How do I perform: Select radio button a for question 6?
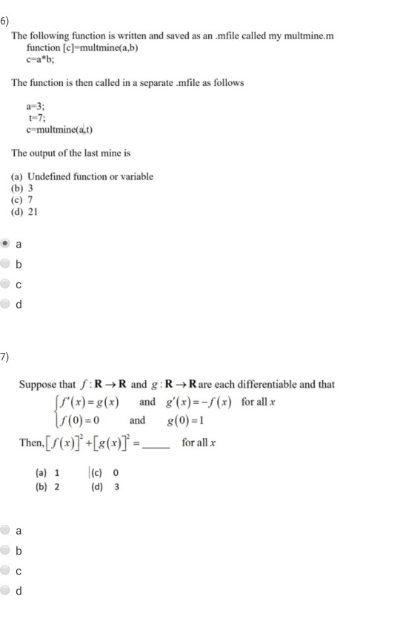(7, 242)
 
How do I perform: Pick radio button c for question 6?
(7, 282)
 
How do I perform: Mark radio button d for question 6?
(7, 302)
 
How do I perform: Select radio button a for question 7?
(7, 529)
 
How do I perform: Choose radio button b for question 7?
(7, 550)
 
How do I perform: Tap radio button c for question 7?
(7, 570)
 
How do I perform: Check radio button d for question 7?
(7, 591)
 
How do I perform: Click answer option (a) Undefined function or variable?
(82, 176)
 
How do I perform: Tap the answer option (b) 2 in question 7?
(47, 486)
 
